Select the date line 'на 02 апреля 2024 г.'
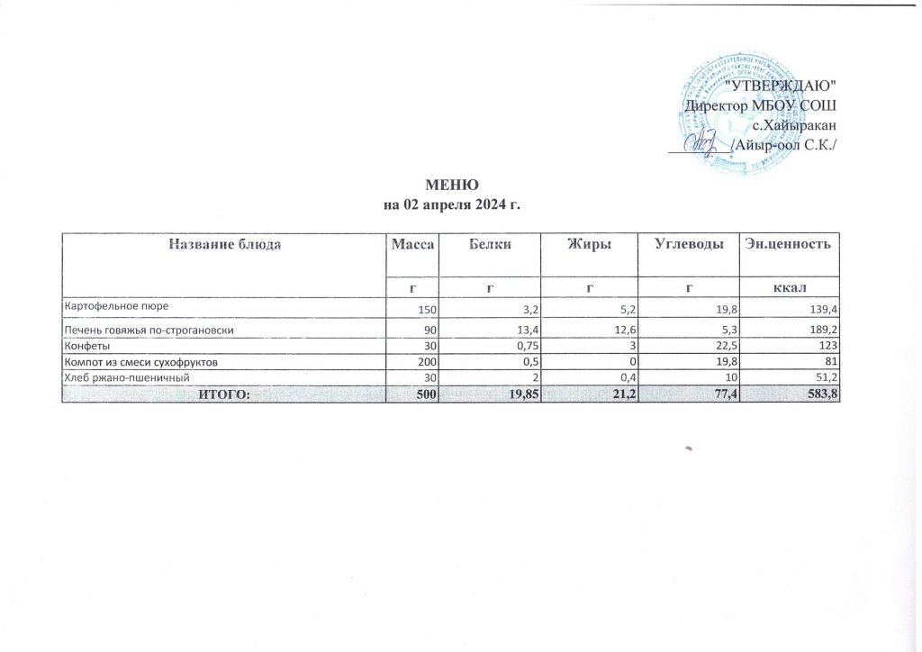(x=452, y=205)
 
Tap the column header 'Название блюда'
(x=222, y=244)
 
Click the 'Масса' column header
(x=412, y=244)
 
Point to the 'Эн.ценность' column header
(x=788, y=244)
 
